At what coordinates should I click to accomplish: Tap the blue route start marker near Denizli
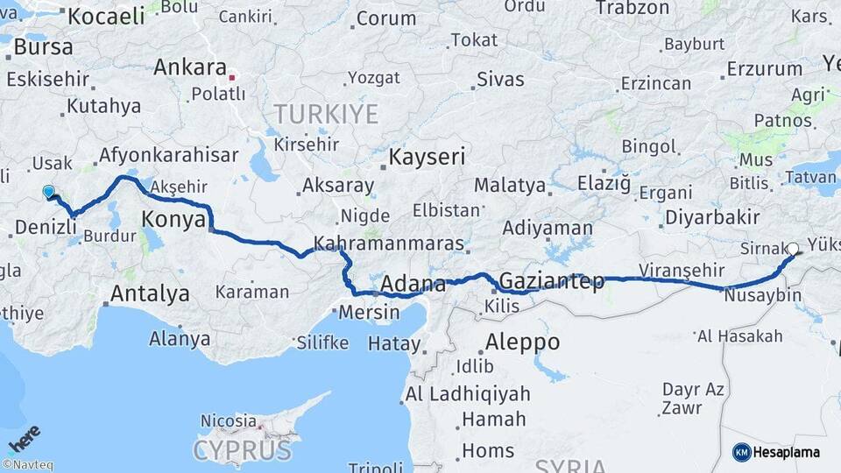coord(48,191)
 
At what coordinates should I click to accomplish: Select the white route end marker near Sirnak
coord(793,249)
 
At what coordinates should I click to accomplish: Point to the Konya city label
coord(173,219)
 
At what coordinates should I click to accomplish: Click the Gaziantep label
coord(551,282)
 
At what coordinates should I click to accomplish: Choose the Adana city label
coord(414,284)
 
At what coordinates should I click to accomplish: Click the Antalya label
coord(150,293)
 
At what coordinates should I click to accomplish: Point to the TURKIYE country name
coord(326,114)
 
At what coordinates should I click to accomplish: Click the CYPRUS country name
coord(242,451)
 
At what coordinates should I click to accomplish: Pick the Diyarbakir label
coord(711,217)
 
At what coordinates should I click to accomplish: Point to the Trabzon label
coord(632,8)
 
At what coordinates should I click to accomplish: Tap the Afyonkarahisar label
coord(169,155)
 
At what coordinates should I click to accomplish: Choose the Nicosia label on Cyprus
coord(229,421)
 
